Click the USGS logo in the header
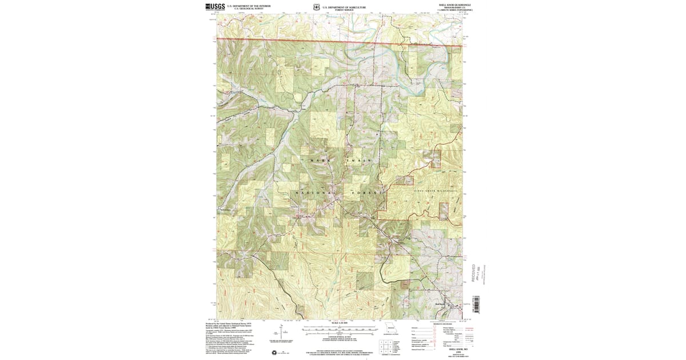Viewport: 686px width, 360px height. pos(215,7)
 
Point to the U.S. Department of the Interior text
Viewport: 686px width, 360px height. pos(249,6)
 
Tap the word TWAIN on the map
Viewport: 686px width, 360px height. pos(360,161)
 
